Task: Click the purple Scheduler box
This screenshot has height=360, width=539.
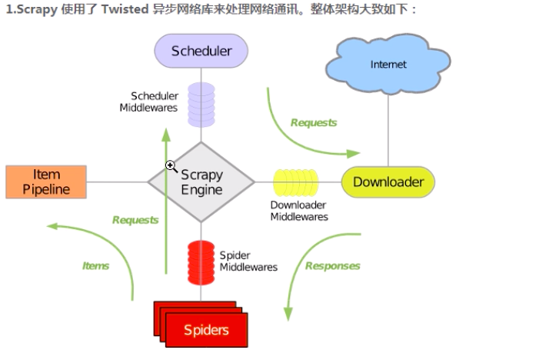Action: pyautogui.click(x=201, y=52)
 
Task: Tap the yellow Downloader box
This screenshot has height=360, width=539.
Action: pyautogui.click(x=388, y=182)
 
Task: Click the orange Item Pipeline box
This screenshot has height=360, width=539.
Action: pyautogui.click(x=46, y=182)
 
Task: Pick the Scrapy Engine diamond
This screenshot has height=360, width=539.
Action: pyautogui.click(x=201, y=182)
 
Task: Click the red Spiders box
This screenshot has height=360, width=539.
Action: pyautogui.click(x=206, y=330)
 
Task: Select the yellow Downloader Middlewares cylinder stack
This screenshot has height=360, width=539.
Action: pyautogui.click(x=295, y=182)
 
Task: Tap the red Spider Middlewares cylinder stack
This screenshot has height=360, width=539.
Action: pyautogui.click(x=201, y=262)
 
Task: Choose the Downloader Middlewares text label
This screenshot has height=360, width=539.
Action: pyautogui.click(x=299, y=211)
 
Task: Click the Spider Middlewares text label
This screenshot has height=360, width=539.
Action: pyautogui.click(x=248, y=261)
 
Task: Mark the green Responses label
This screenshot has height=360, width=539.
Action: pyautogui.click(x=332, y=266)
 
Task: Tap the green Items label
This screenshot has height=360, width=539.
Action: pyautogui.click(x=96, y=266)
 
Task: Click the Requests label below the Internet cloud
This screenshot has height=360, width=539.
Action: pyautogui.click(x=314, y=122)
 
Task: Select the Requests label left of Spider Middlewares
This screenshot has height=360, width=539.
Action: pyautogui.click(x=135, y=220)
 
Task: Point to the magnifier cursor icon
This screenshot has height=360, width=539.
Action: pyautogui.click(x=171, y=165)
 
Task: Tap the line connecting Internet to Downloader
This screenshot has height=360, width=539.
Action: pyautogui.click(x=388, y=131)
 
